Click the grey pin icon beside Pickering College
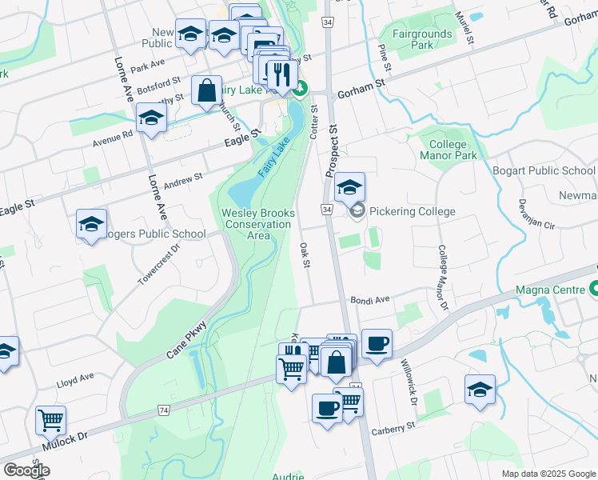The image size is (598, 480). coord(357,211)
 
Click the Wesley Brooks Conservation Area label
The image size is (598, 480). coord(258,224)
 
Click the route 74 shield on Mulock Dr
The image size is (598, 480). coord(164,410)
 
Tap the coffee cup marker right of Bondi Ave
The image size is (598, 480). coord(377,343)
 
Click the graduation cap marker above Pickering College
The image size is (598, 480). coord(349,187)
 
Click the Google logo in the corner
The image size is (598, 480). coord(26,470)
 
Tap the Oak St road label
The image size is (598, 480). coord(304,255)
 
